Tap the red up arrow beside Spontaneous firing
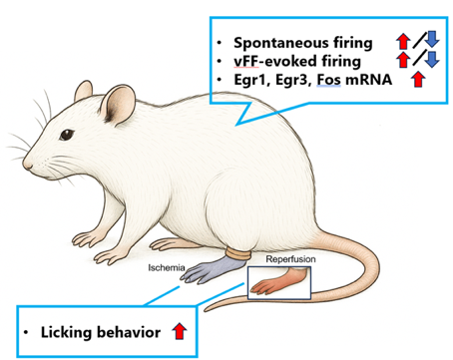[x=403, y=41]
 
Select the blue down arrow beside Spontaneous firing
[x=432, y=39]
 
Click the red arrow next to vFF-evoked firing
[x=403, y=60]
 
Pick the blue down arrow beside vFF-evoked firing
[x=432, y=59]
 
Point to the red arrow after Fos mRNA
[x=418, y=80]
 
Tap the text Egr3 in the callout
[x=293, y=80]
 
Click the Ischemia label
[x=167, y=267]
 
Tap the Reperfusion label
[x=290, y=259]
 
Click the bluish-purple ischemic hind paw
[x=212, y=270]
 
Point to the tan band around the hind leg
[x=238, y=254]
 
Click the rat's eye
[x=67, y=135]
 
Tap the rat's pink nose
[x=27, y=165]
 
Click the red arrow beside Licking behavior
[x=180, y=331]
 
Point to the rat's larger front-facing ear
[x=118, y=105]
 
